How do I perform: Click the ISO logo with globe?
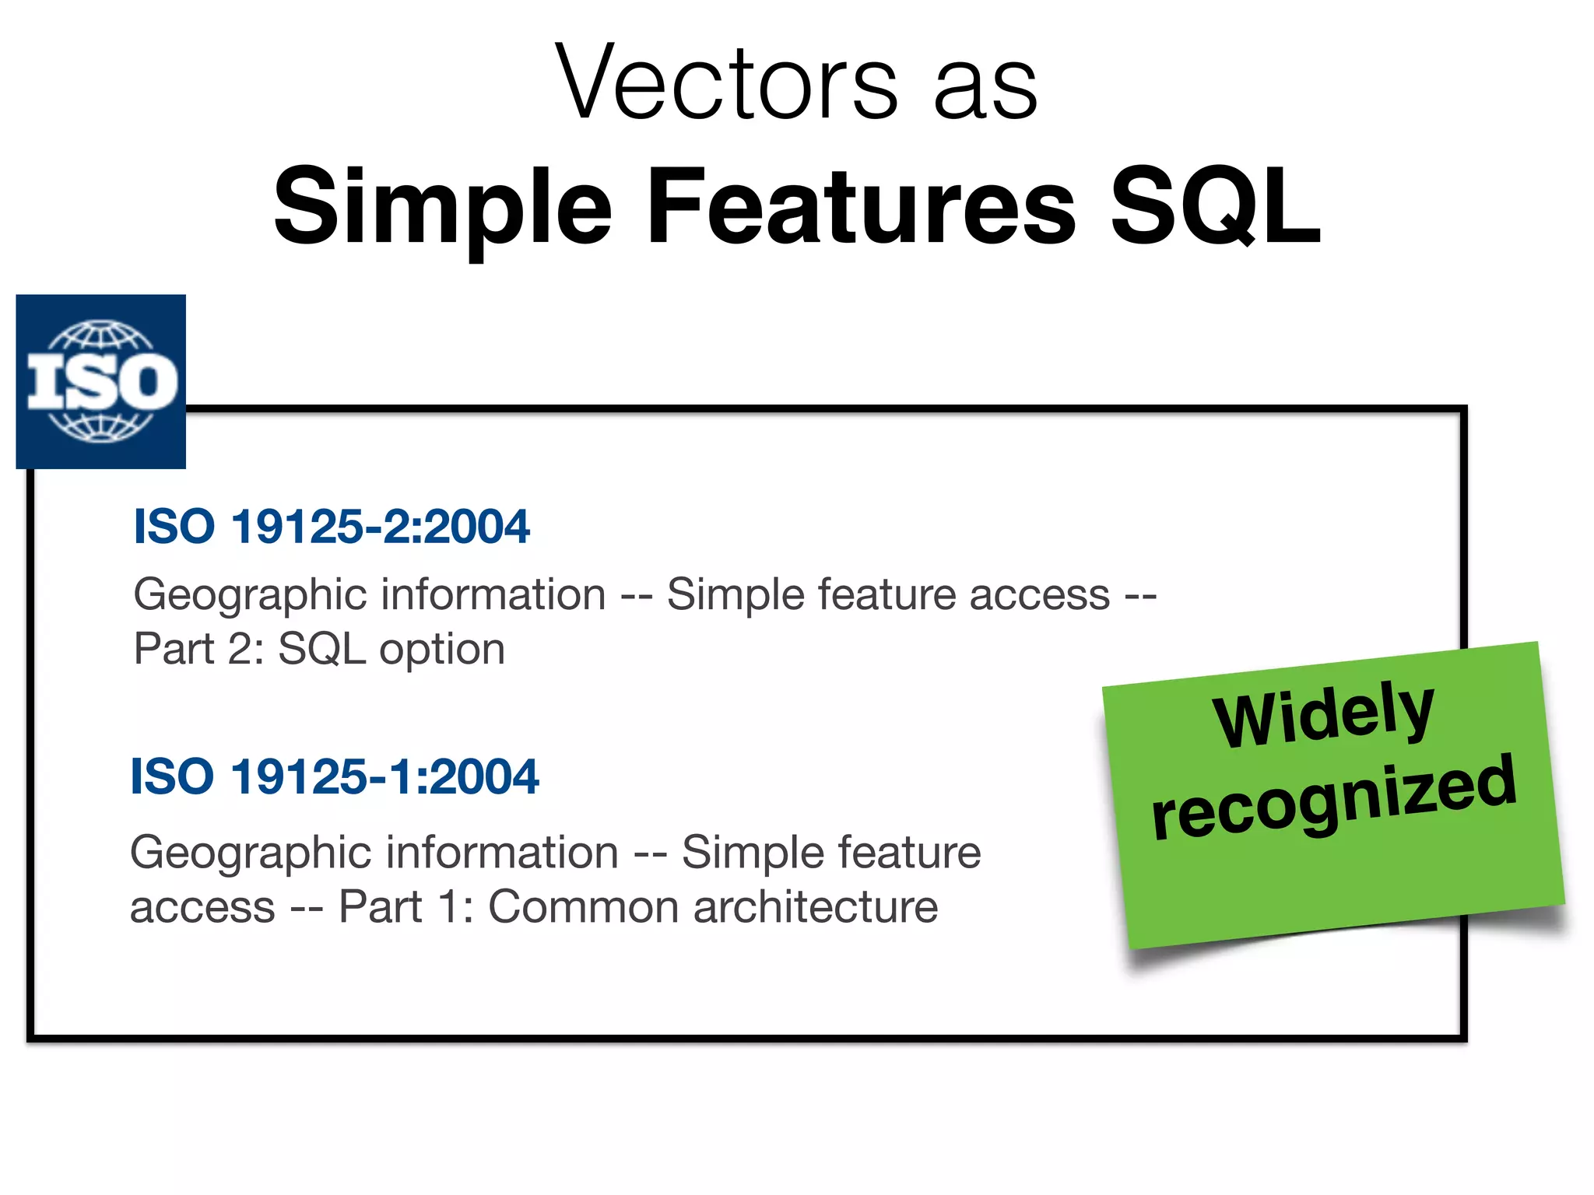pyautogui.click(x=101, y=381)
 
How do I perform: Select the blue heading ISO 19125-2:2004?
pyautogui.click(x=332, y=527)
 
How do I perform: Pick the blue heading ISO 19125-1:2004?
pyautogui.click(x=335, y=776)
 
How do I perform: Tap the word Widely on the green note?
pyautogui.click(x=1323, y=714)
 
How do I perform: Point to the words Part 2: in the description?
pyautogui.click(x=199, y=649)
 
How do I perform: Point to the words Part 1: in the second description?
pyautogui.click(x=406, y=907)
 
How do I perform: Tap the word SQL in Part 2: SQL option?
pyautogui.click(x=321, y=649)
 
